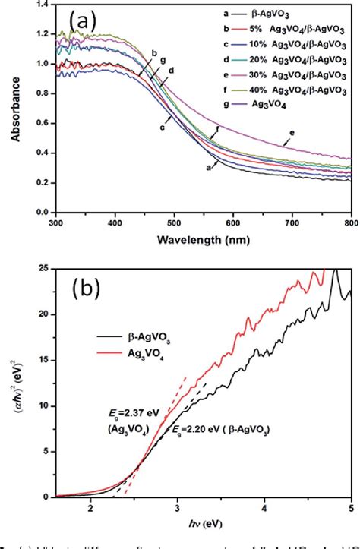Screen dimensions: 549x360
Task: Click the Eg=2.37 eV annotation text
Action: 134,412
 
